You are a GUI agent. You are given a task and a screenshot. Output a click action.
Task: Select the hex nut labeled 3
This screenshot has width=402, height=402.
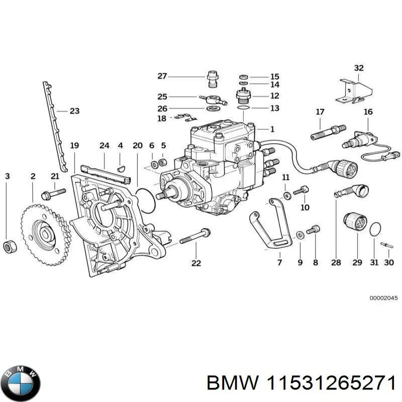pyautogui.click(x=9, y=246)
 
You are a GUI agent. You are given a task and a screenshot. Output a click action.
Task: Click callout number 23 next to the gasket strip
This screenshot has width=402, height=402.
pyautogui.click(x=74, y=111)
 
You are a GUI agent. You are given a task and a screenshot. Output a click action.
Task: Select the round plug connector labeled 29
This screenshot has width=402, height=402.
pyautogui.click(x=352, y=222)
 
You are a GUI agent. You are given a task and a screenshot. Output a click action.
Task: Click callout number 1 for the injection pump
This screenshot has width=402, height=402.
pyautogui.click(x=272, y=129)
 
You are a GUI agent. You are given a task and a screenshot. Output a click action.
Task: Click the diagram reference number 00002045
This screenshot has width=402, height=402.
pyautogui.click(x=383, y=298)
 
